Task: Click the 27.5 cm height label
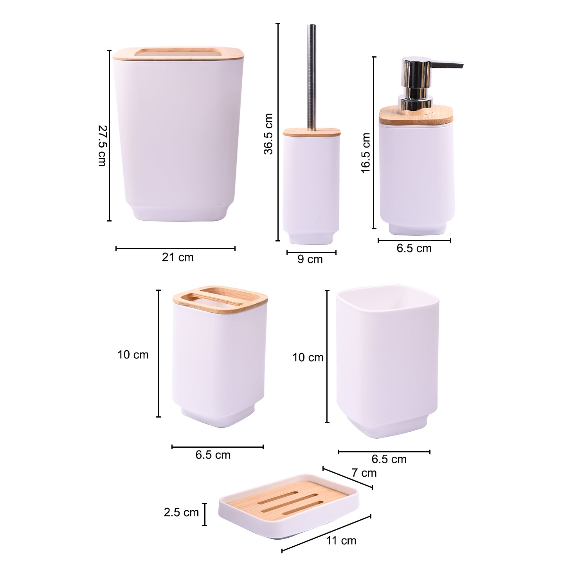click(x=101, y=146)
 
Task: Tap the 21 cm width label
click(x=178, y=257)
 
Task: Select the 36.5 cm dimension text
click(x=268, y=134)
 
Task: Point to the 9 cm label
click(x=310, y=259)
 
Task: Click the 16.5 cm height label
click(x=366, y=153)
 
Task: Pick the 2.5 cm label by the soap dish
click(x=181, y=512)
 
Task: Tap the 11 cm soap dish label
click(x=341, y=540)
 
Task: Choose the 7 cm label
click(x=364, y=473)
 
